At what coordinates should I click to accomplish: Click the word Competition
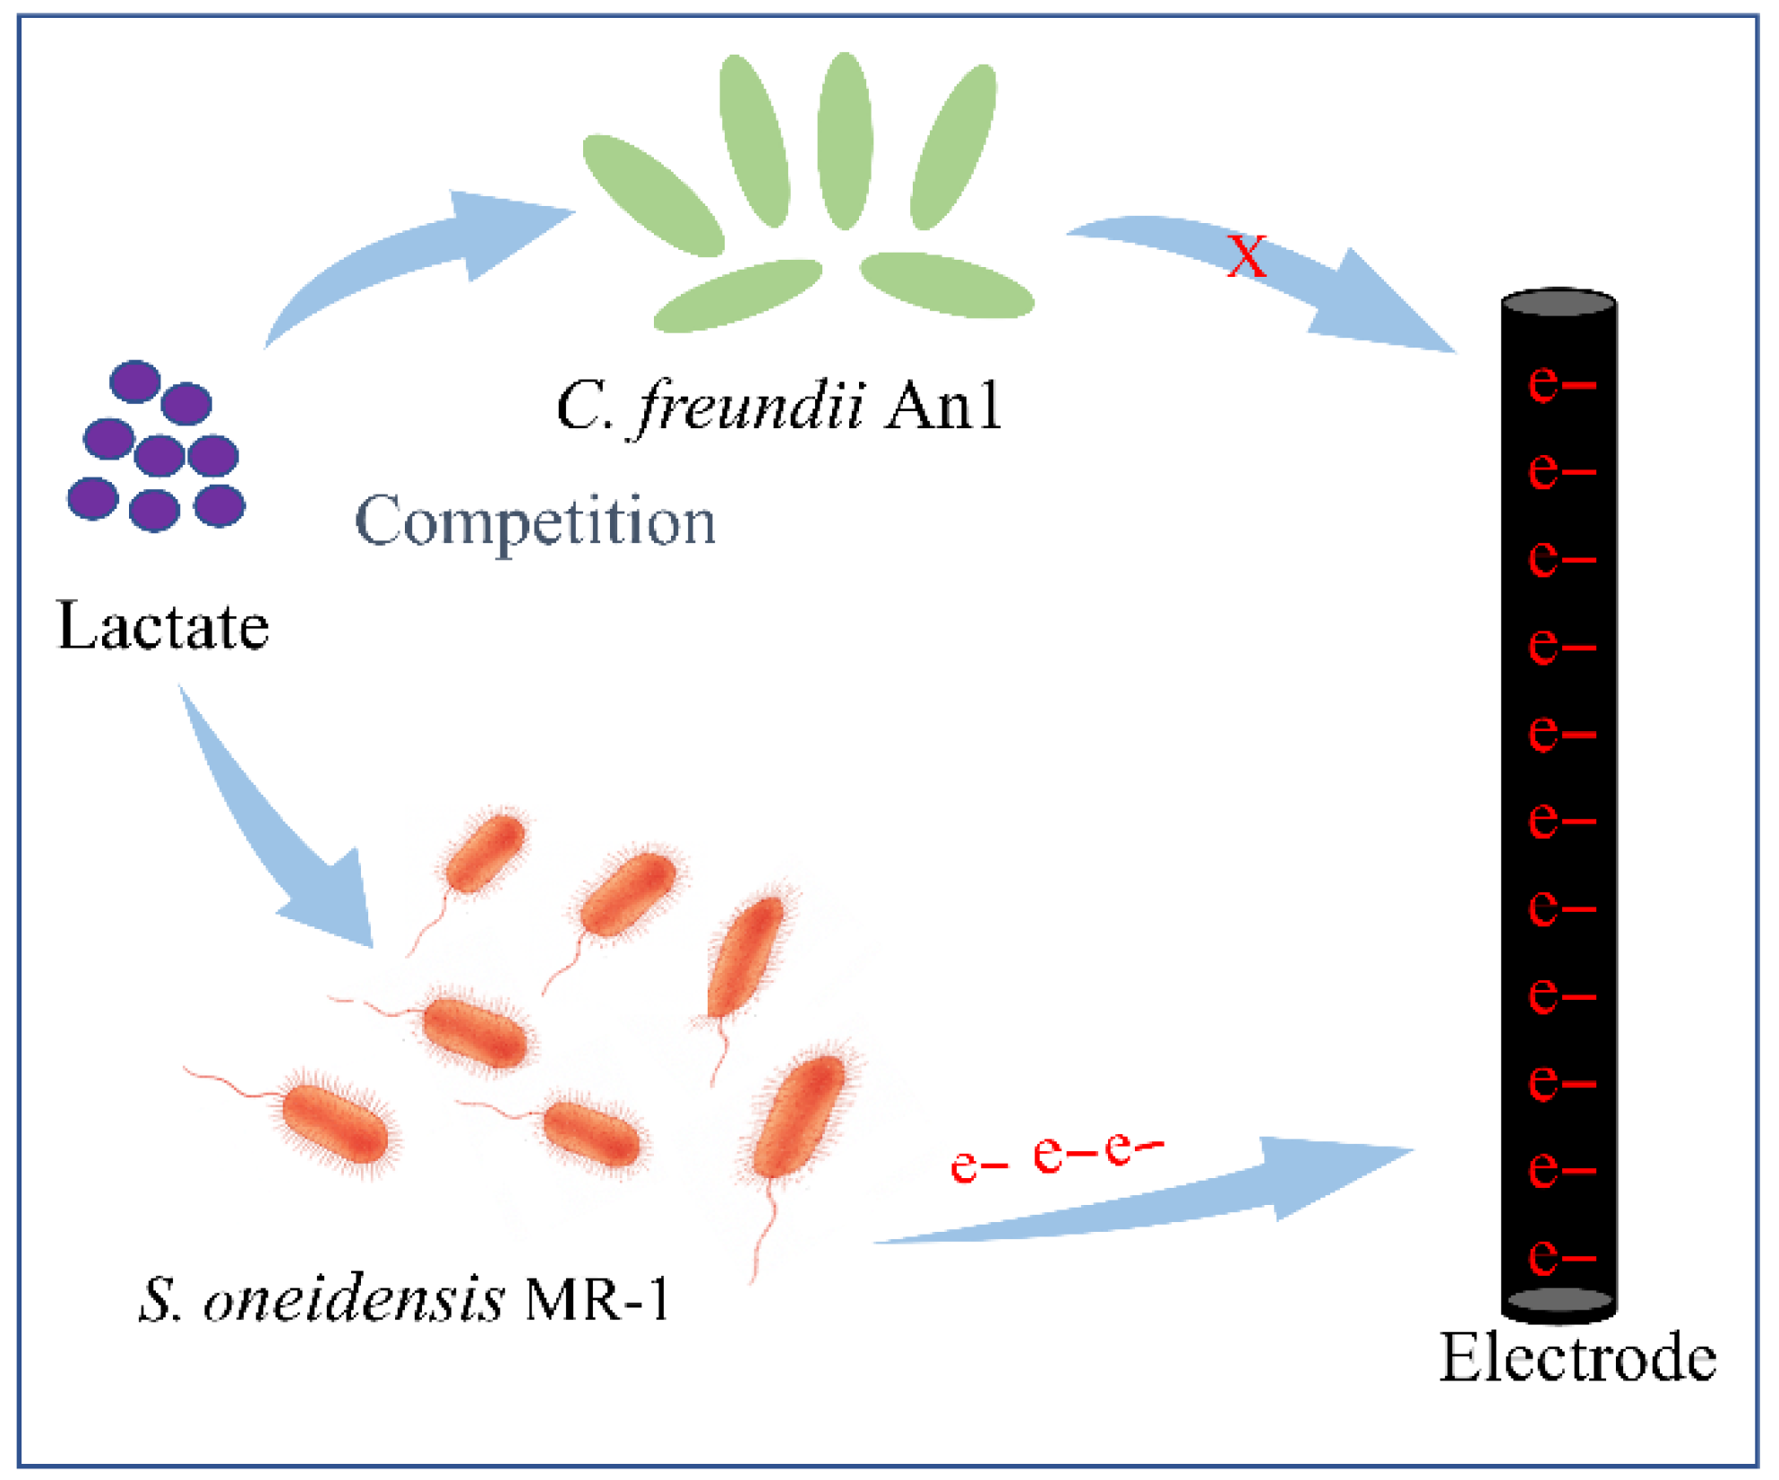click(x=536, y=521)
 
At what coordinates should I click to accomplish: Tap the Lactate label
click(x=163, y=626)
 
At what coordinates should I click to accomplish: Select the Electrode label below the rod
click(x=1577, y=1358)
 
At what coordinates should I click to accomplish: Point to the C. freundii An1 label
click(x=778, y=406)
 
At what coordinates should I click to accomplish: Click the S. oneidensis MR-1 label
click(x=403, y=1298)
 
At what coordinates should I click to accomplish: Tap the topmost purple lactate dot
click(x=134, y=382)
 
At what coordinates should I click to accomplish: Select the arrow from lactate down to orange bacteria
click(x=287, y=842)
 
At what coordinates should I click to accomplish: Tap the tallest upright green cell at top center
click(x=845, y=141)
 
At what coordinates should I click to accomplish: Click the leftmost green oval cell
click(x=653, y=195)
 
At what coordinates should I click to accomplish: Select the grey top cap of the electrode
click(x=1559, y=303)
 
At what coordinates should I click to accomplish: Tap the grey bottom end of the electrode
click(x=1559, y=1300)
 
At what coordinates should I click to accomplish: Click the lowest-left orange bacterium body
click(x=335, y=1124)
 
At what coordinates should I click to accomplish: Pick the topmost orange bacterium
click(x=485, y=851)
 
